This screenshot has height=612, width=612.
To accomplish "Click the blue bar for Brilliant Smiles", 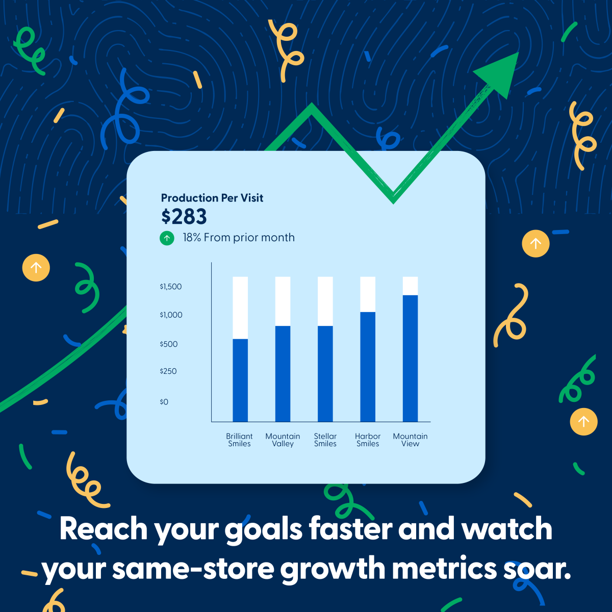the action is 240,380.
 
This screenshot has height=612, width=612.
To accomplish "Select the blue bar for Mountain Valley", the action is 283,374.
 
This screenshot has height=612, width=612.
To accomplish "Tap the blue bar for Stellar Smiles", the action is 325,374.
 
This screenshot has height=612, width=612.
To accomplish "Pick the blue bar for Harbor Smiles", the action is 368,367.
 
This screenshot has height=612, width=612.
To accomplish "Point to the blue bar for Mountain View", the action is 411,359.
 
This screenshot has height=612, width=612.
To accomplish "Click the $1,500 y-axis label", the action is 170,287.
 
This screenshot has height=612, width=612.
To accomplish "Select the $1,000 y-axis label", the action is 171,315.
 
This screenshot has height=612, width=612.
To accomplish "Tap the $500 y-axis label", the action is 169,344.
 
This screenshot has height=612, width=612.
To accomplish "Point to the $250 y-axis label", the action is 168,371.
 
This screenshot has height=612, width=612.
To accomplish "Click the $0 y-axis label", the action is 164,402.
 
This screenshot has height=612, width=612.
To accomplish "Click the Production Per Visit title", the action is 212,198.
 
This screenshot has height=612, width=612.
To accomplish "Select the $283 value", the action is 184,217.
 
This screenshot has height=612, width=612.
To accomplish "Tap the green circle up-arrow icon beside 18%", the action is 167,238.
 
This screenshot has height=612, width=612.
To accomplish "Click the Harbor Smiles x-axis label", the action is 368,440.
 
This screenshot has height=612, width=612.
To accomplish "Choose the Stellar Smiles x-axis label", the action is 325,440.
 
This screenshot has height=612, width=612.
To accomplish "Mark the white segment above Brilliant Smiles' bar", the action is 240,308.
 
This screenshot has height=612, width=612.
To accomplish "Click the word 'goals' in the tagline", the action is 263,529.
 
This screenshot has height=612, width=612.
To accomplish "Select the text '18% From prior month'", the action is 239,238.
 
